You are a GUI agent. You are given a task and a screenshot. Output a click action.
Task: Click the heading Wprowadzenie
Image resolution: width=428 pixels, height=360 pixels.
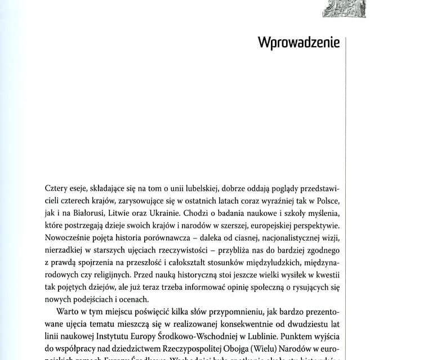pyautogui.click(x=298, y=43)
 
